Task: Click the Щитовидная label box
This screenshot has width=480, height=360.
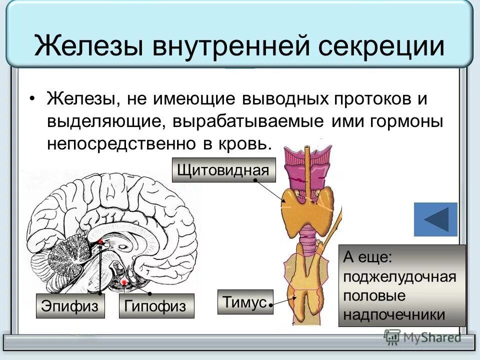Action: (x=223, y=170)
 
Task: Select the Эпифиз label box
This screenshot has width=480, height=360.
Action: (x=70, y=306)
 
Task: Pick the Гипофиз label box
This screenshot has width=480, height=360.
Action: (x=156, y=306)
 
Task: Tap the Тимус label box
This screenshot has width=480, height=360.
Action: (x=245, y=302)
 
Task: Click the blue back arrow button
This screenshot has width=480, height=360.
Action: (x=435, y=219)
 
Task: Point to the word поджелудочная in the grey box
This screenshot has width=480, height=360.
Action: (x=399, y=277)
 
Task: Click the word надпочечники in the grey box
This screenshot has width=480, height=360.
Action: (x=394, y=314)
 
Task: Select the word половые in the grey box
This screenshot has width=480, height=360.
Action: (x=374, y=295)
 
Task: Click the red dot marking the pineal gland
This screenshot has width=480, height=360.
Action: (x=100, y=242)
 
